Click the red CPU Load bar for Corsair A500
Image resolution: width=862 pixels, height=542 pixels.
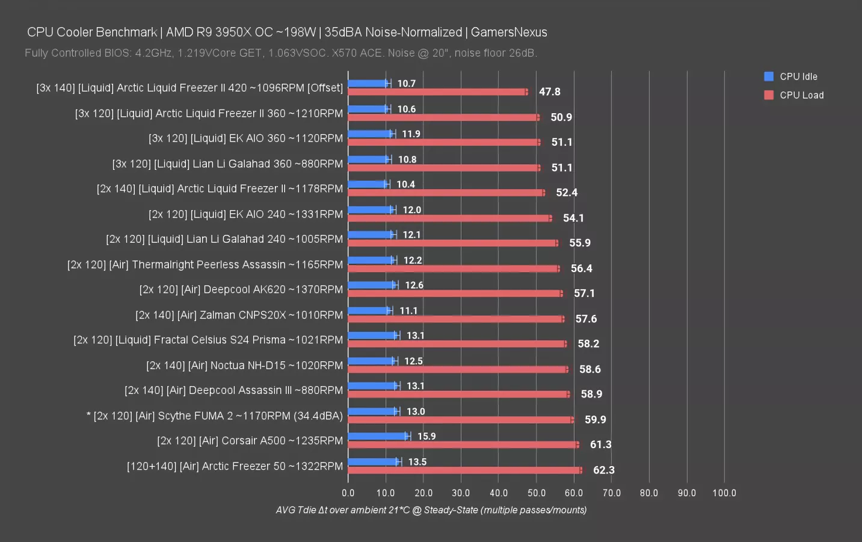[x=463, y=444]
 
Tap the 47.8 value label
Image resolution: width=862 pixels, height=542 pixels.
[x=549, y=92]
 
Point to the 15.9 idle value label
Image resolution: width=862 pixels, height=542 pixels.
[x=426, y=436]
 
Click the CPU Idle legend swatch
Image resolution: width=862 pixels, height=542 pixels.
[x=768, y=76]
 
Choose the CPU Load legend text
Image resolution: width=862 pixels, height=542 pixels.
[x=801, y=95]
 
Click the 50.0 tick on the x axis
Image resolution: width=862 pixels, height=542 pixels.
[x=536, y=493]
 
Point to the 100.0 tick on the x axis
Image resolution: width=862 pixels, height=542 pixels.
[x=724, y=493]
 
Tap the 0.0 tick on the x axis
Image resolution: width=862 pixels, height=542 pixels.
[x=348, y=493]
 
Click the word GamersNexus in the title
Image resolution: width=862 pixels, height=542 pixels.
[x=509, y=32]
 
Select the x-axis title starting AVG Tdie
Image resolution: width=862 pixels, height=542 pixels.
[x=431, y=510]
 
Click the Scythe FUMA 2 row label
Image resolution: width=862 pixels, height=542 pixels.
[x=215, y=416]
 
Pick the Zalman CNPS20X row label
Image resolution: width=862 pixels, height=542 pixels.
[x=239, y=315]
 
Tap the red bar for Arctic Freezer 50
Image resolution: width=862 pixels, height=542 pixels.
[x=465, y=470]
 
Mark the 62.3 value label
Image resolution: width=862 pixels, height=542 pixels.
[x=603, y=470]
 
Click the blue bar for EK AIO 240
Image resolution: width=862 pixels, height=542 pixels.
[x=371, y=210]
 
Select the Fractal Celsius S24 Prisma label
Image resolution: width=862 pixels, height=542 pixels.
[x=208, y=340]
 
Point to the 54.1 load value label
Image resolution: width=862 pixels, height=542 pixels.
[x=573, y=218]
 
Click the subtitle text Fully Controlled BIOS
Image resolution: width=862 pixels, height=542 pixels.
[x=280, y=53]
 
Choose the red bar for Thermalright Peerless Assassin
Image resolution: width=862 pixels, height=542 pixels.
[x=454, y=269]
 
